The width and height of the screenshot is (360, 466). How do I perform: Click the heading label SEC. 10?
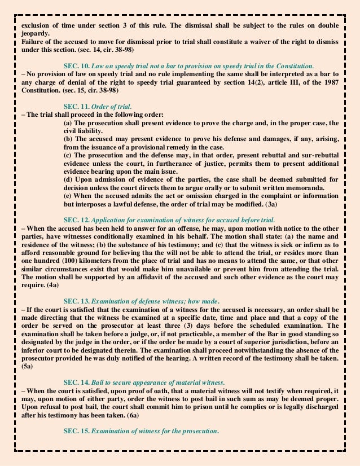tap(77, 66)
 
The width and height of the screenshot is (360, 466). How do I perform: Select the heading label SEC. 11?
tap(77, 107)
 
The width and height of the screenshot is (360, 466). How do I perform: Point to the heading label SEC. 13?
tap(77, 301)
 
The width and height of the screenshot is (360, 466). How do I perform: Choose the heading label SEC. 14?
tap(77, 383)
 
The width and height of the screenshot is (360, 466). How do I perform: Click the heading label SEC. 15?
tap(77, 431)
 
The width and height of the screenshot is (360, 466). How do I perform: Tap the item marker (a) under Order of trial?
tap(69, 123)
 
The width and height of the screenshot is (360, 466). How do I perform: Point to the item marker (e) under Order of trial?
tap(69, 196)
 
